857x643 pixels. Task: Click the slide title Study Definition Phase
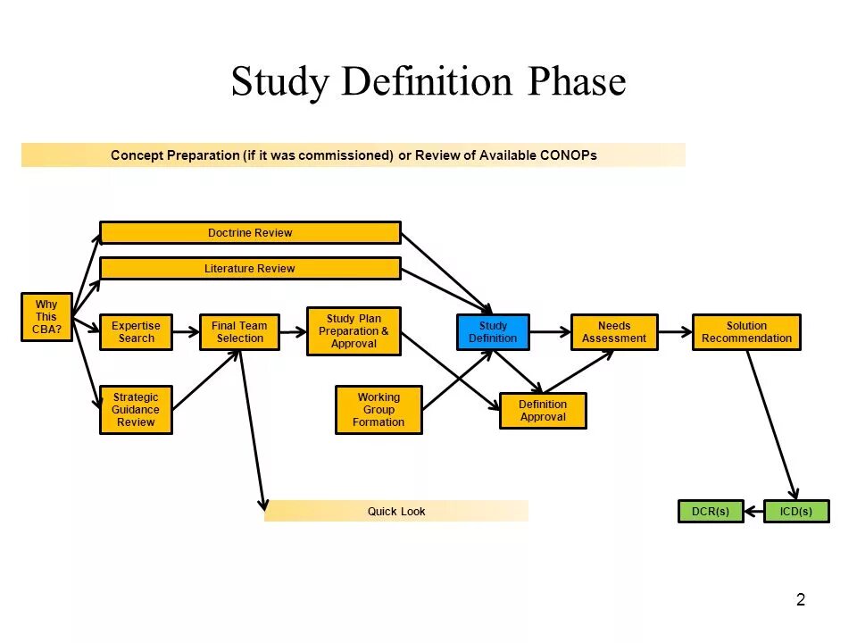pyautogui.click(x=428, y=82)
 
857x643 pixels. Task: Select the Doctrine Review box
pyautogui.click(x=250, y=233)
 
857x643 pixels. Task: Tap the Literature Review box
pyautogui.click(x=250, y=269)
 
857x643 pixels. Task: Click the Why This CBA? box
pyautogui.click(x=46, y=317)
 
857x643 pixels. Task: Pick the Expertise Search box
pyautogui.click(x=136, y=332)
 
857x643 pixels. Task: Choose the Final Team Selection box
pyautogui.click(x=239, y=332)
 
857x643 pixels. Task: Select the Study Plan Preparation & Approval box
pyautogui.click(x=354, y=331)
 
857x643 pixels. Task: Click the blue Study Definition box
pyautogui.click(x=493, y=332)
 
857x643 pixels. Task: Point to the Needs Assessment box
pyautogui.click(x=614, y=332)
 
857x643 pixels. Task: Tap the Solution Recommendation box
pyautogui.click(x=746, y=332)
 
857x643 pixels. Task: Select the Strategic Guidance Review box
pyautogui.click(x=136, y=410)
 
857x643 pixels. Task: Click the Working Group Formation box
pyautogui.click(x=379, y=410)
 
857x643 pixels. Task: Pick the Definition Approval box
pyautogui.click(x=543, y=411)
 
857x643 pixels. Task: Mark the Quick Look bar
pyautogui.click(x=396, y=512)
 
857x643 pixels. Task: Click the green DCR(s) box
pyautogui.click(x=711, y=512)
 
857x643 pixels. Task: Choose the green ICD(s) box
pyautogui.click(x=796, y=512)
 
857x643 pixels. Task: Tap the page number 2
pyautogui.click(x=801, y=600)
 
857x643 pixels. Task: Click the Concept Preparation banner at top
pyautogui.click(x=354, y=155)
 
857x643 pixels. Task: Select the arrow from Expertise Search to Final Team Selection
pyautogui.click(x=186, y=332)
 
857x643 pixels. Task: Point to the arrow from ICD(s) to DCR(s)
pyautogui.click(x=754, y=512)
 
